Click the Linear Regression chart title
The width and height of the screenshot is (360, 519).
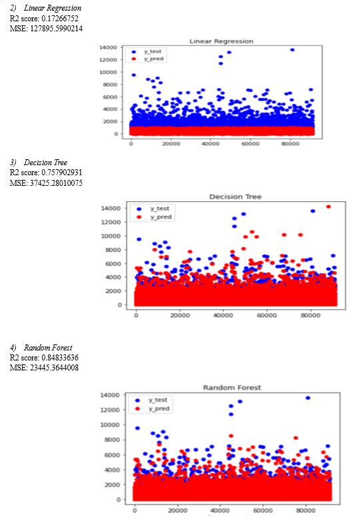(221, 41)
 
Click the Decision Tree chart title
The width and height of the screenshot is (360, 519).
(235, 197)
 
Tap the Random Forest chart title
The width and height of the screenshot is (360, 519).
(232, 388)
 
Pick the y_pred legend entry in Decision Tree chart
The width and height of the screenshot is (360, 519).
(154, 217)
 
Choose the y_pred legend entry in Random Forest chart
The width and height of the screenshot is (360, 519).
(153, 408)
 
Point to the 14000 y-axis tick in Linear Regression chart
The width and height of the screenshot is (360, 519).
(108, 47)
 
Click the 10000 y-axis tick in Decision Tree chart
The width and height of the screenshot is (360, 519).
(111, 236)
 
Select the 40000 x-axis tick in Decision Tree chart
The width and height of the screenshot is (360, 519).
(223, 315)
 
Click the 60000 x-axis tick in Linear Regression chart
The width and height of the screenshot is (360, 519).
(250, 144)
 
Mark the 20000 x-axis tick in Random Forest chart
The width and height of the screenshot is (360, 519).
(177, 510)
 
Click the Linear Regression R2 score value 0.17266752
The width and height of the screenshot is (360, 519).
(60, 18)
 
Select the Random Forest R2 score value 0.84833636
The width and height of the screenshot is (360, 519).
(60, 358)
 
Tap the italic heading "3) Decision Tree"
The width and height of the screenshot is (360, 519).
(39, 163)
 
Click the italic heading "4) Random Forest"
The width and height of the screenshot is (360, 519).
(41, 348)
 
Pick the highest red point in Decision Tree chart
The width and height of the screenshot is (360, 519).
(329, 207)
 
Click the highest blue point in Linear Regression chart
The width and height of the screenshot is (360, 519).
(292, 50)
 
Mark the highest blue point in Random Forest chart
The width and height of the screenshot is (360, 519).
(308, 398)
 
